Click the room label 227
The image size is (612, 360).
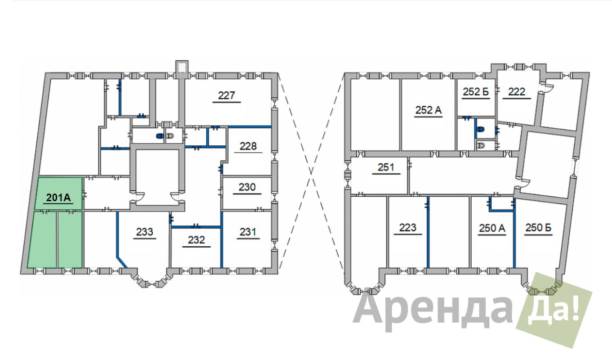[x=227, y=95]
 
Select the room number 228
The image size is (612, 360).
[x=248, y=146]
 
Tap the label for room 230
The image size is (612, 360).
[x=247, y=187]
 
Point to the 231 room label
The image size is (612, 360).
[x=248, y=232]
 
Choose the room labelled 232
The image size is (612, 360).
[x=196, y=240]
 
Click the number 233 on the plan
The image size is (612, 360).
[x=144, y=232]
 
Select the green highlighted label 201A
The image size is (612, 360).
[x=58, y=198]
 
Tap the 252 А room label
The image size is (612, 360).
[x=428, y=110]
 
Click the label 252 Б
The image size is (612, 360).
[x=476, y=92]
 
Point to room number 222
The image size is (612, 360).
[x=517, y=92]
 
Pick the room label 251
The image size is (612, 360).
[x=386, y=167]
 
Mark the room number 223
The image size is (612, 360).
[x=408, y=228]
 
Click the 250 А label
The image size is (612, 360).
[x=492, y=228]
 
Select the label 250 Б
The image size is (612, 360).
[x=538, y=228]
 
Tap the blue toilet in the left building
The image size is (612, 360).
[x=160, y=135]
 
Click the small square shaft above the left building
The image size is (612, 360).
[x=182, y=67]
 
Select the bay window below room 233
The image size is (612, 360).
[x=151, y=278]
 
